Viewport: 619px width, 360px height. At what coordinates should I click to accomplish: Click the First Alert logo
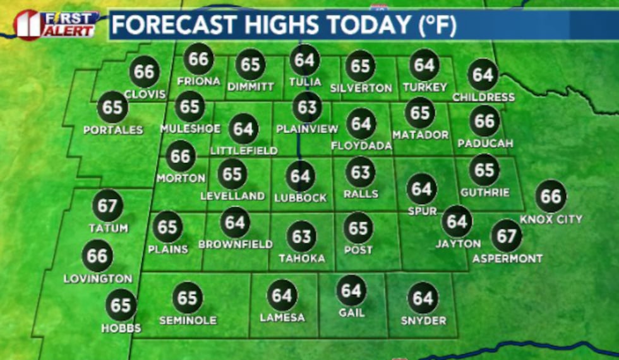pos(56,25)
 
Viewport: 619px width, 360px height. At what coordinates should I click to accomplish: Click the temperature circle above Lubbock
pos(301,176)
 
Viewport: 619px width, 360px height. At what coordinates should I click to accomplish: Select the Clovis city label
pos(145,94)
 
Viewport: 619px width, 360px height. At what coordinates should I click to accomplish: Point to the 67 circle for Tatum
pos(107,207)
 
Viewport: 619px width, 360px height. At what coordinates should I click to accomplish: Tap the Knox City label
pos(551,219)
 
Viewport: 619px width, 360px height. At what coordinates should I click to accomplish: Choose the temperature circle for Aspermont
pos(507,236)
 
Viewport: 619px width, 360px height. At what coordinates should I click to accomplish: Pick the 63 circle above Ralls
pos(361,172)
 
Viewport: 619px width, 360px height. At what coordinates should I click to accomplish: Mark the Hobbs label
pos(121,328)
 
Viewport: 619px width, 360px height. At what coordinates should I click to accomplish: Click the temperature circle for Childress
pos(483,75)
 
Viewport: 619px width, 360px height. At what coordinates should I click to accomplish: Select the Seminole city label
pos(188,320)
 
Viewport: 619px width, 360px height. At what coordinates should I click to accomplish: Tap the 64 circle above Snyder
pos(423,298)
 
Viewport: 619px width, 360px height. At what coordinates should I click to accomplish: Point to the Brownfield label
pos(235,244)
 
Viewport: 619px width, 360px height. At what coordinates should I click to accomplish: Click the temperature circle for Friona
pos(198,59)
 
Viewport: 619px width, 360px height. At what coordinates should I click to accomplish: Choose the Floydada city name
pos(361,146)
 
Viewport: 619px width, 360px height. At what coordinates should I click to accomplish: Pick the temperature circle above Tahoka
pos(301,236)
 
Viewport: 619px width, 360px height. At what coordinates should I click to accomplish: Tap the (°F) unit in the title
pos(435,26)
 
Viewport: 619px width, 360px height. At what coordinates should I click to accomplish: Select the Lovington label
pos(98,279)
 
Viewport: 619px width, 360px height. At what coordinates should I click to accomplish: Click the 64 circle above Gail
pos(351,291)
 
